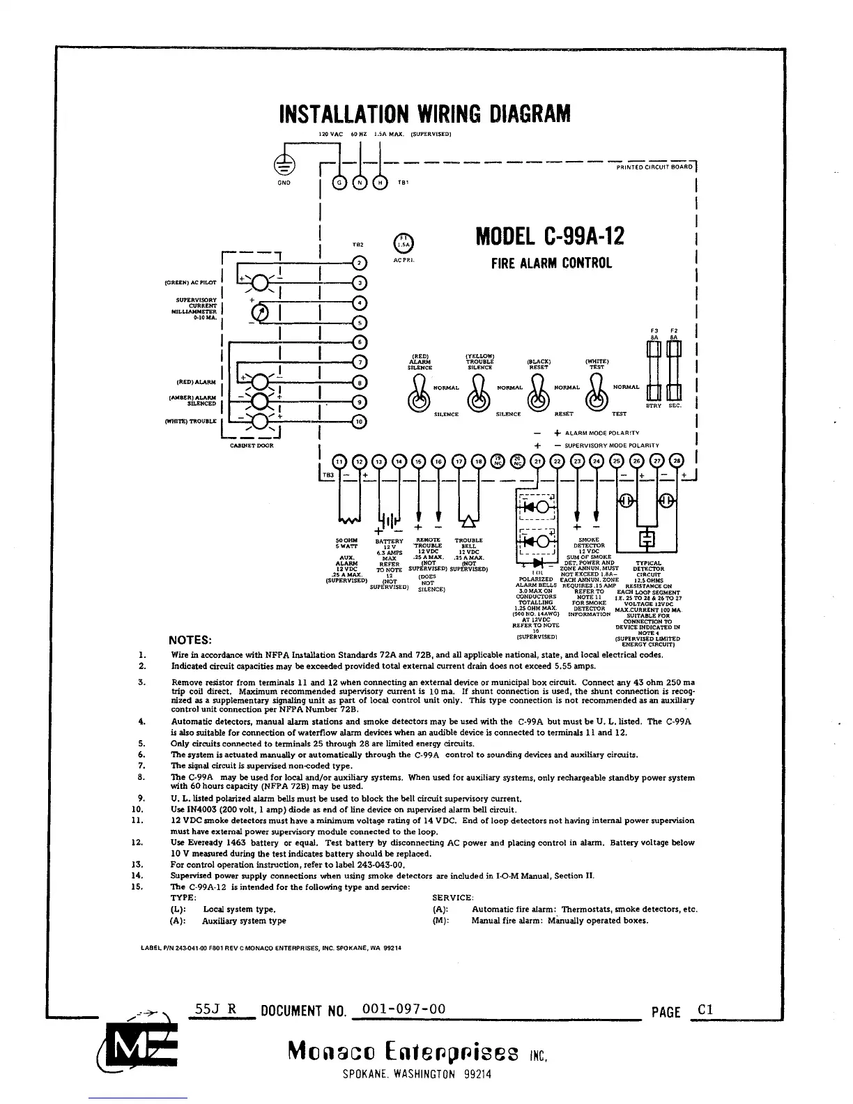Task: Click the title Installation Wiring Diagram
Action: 424,113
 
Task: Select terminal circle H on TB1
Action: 380,183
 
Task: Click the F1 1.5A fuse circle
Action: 404,242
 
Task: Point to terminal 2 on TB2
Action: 359,263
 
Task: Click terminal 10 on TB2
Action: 359,421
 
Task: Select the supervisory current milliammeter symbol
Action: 259,313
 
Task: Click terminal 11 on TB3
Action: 339,461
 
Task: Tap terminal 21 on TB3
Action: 537,461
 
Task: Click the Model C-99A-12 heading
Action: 550,237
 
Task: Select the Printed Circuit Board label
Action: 654,167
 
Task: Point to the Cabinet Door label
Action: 252,445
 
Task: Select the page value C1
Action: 705,1010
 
